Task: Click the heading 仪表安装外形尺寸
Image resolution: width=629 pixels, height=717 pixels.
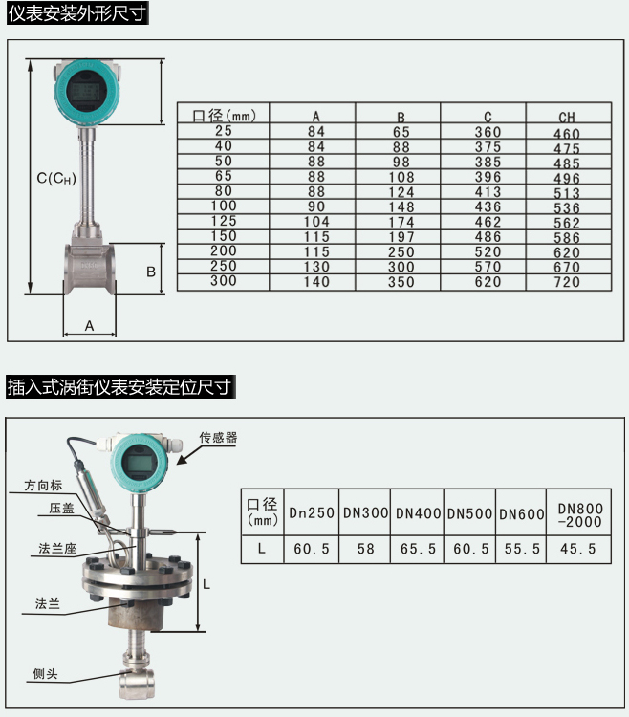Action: coord(76,14)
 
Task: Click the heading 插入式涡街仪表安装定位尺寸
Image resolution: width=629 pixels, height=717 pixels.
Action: coord(119,387)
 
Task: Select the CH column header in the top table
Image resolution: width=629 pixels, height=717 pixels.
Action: coord(567,117)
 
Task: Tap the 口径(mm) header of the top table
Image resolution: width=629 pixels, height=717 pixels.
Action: coord(224,116)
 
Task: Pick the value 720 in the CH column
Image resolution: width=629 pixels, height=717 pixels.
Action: coord(567,282)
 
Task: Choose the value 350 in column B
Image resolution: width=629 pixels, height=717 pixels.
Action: coord(401,282)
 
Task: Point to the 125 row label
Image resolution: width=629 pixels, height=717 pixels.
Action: coord(223,222)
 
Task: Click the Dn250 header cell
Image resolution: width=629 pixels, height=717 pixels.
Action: coord(312,513)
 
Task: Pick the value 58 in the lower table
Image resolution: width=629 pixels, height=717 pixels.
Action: coord(365,549)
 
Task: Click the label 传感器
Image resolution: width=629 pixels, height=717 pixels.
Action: coord(217,439)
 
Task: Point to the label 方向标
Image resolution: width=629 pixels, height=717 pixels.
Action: coord(42,486)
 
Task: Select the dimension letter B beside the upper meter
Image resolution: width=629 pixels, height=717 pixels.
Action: coord(151,272)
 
